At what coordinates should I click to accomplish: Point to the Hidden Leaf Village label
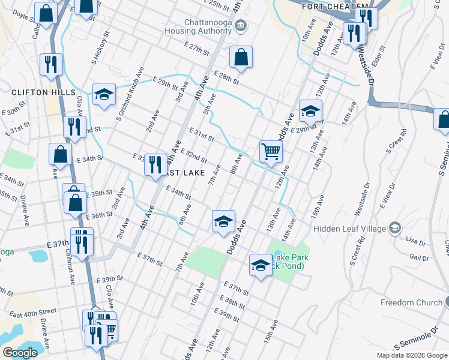pyautogui.click(x=350, y=228)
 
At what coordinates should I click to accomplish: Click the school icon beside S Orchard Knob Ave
pyautogui.click(x=104, y=94)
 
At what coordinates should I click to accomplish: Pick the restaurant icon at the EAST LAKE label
pyautogui.click(x=155, y=164)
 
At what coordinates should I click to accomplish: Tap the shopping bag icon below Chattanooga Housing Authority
pyautogui.click(x=240, y=58)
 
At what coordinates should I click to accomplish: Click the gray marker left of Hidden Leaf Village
pyautogui.click(x=395, y=228)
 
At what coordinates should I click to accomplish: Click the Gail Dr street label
pyautogui.click(x=418, y=257)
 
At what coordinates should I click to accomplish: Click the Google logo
pyautogui.click(x=19, y=353)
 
